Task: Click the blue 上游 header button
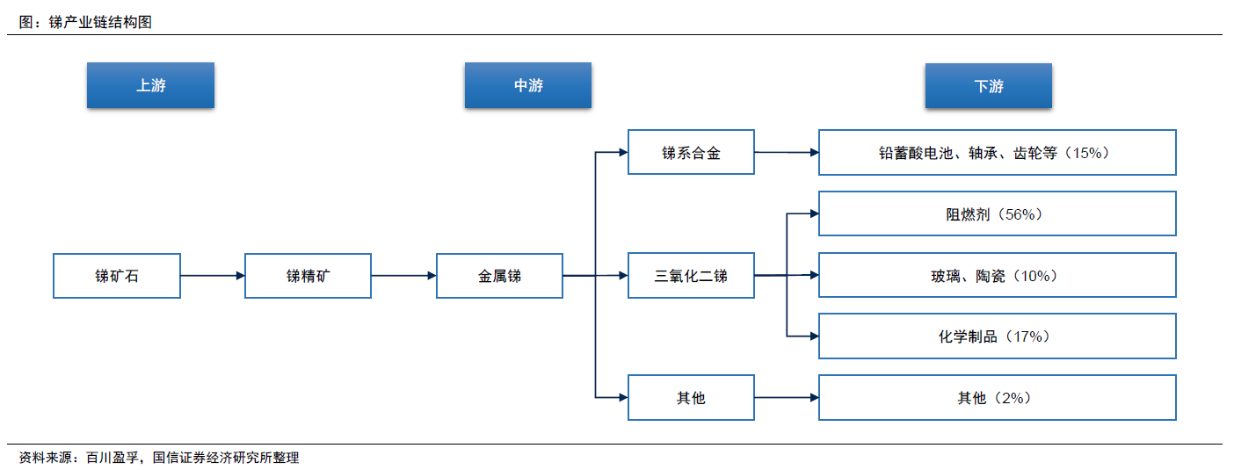click(150, 84)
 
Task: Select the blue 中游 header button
click(527, 84)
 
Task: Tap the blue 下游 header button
click(988, 86)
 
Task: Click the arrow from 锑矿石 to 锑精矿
click(213, 275)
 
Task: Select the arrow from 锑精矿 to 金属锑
click(403, 275)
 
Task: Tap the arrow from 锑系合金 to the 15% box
click(787, 153)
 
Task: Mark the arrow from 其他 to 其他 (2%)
click(787, 397)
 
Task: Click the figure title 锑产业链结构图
click(100, 22)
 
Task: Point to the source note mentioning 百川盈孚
click(159, 458)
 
